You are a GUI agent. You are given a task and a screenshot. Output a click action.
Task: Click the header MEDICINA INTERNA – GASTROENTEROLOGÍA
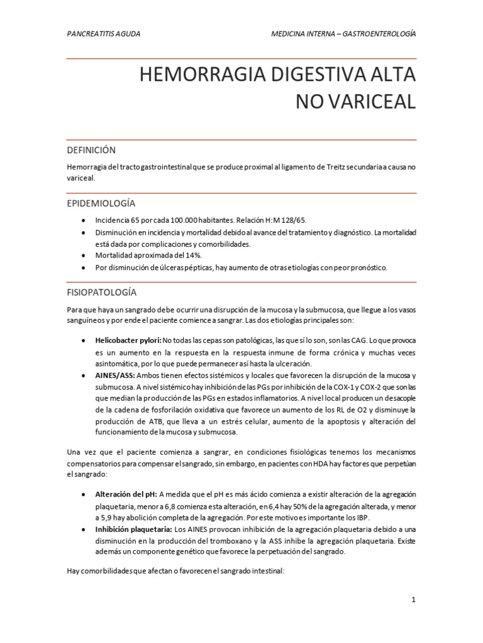coord(343,33)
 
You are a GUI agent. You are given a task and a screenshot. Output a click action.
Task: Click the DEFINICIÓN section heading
coord(91,150)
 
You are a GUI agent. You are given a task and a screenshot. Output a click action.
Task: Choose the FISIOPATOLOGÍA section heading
coord(101,293)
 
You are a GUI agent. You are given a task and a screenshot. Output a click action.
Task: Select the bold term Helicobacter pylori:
coord(128,340)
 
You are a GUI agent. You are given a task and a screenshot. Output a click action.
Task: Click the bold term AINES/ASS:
coord(115,375)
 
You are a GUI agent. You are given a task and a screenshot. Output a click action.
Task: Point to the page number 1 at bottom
coord(413,600)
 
